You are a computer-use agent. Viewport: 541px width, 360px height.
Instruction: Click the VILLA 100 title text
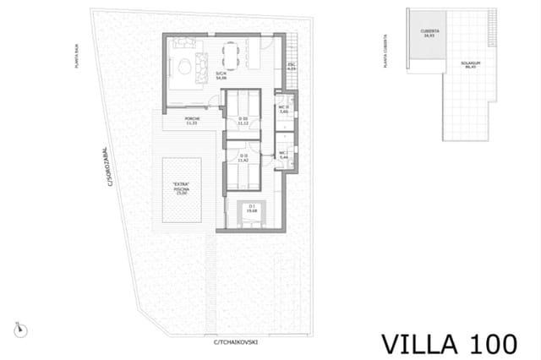pos(449,343)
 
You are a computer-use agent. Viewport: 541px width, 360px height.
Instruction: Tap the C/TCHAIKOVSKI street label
pos(235,342)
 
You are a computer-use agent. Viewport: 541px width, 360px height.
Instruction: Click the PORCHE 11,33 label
pos(193,121)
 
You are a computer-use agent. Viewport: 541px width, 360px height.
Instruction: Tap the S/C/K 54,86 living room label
pos(221,75)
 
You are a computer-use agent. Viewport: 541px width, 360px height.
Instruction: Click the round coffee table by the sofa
pos(184,66)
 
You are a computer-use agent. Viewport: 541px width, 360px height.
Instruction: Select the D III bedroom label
pos(243,120)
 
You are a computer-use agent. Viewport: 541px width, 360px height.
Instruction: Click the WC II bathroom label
pos(285,108)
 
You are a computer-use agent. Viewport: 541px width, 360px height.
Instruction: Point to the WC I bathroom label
pos(285,155)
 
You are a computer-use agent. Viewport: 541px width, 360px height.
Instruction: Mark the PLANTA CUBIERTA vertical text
pos(386,51)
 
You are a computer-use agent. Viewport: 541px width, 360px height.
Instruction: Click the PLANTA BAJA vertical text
pos(79,55)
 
